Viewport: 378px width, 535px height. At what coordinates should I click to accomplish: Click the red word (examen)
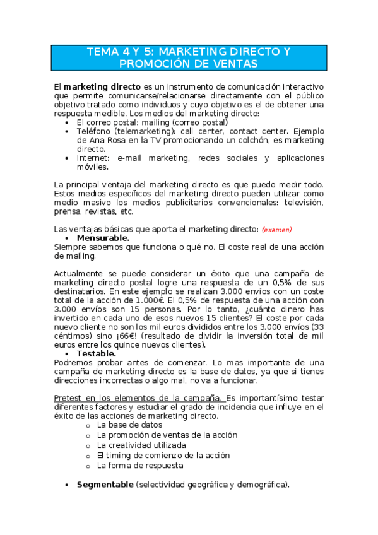tap(277, 230)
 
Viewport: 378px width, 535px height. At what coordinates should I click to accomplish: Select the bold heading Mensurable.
tap(103, 238)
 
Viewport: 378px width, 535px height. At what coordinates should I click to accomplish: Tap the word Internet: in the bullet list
tap(95, 158)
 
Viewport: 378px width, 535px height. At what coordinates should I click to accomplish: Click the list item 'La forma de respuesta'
tap(140, 466)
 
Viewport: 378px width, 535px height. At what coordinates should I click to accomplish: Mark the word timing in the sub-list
tap(119, 456)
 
